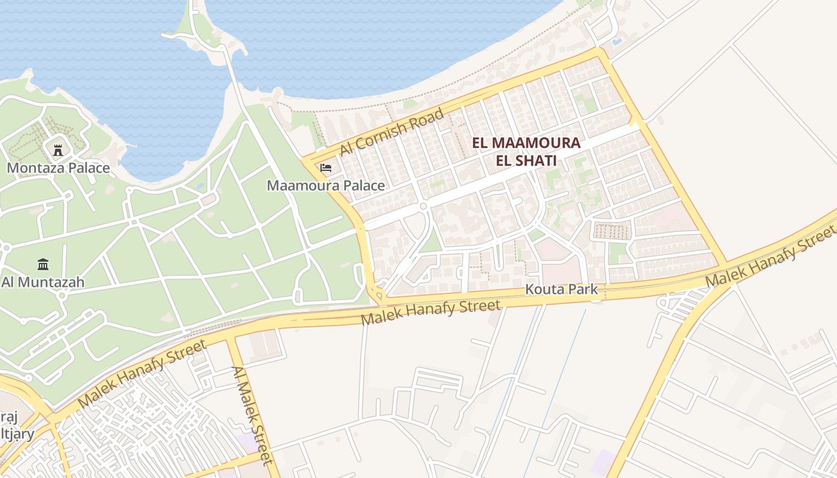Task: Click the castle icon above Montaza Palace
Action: (58, 149)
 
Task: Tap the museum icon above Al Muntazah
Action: (43, 263)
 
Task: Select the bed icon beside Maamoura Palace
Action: (326, 167)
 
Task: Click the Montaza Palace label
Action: (59, 167)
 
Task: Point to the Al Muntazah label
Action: (43, 281)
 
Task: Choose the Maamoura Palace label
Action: (326, 185)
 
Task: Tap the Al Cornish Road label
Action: (392, 132)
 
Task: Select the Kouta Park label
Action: (561, 290)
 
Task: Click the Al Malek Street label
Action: (252, 415)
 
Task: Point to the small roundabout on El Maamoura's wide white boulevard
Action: (423, 207)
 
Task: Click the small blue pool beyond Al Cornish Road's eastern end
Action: (616, 42)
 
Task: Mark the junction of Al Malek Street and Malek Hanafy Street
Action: (230, 338)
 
